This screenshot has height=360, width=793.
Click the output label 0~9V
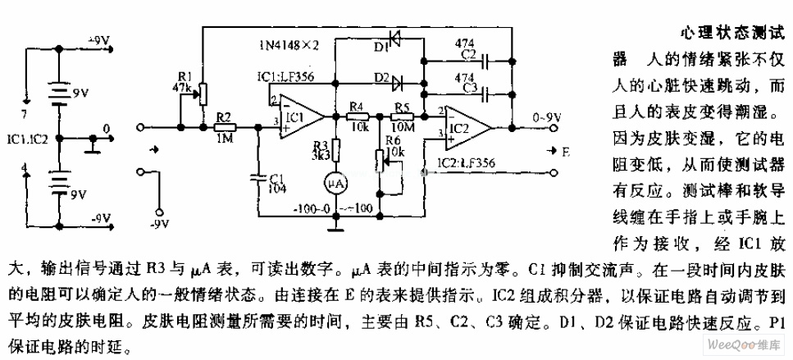pos(547,116)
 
